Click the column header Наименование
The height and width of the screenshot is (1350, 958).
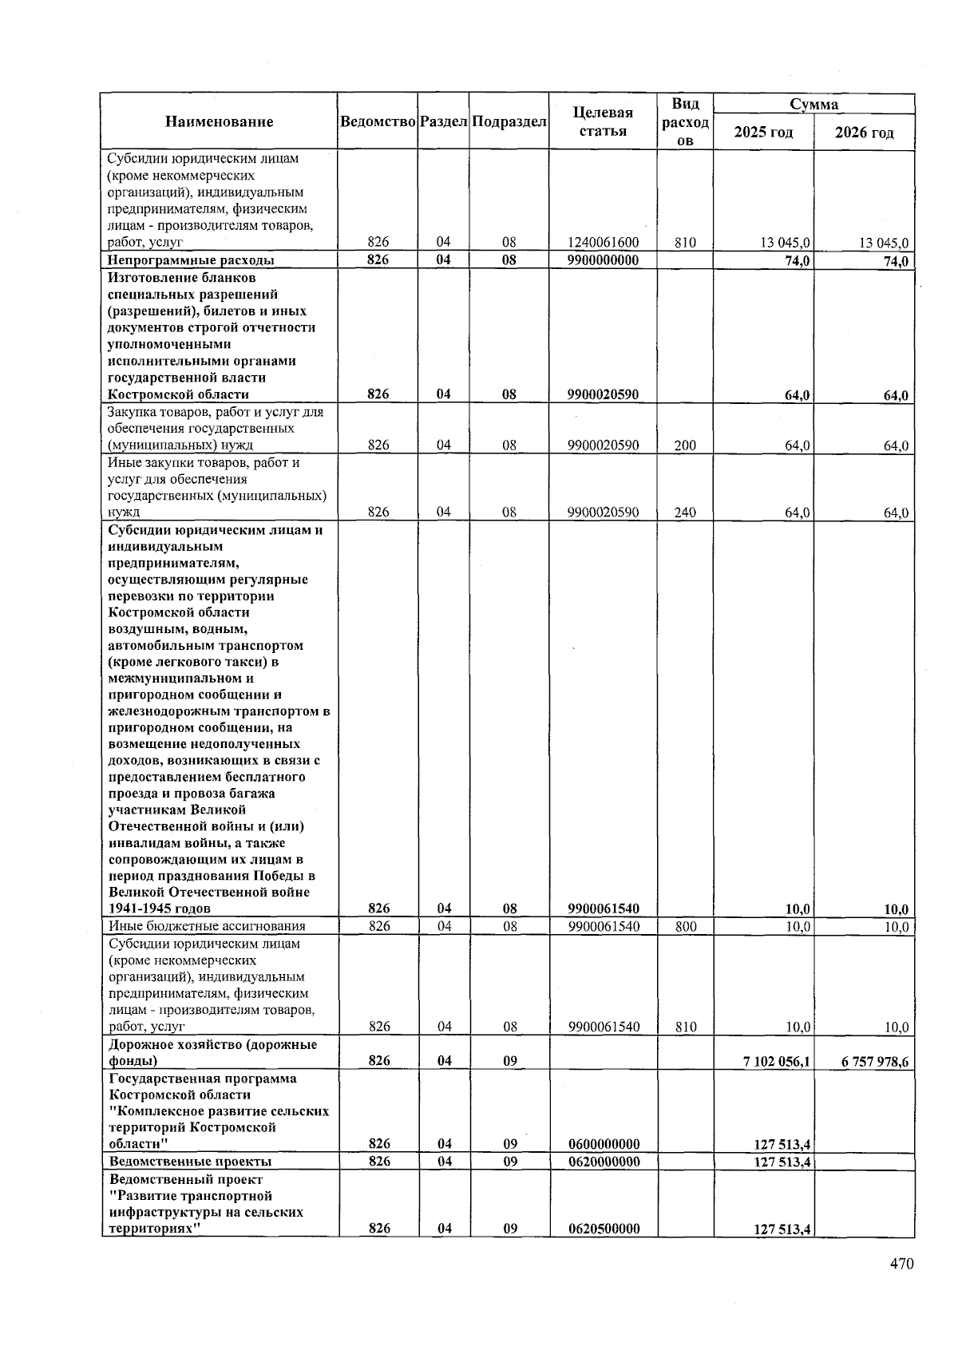pos(219,121)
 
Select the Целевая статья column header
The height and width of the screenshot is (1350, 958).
pos(603,121)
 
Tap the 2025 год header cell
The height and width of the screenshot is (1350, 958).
pos(763,132)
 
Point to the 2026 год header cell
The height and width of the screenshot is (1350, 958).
pos(864,132)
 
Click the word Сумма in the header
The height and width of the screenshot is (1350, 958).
pos(814,104)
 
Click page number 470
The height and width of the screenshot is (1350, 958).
pos(902,1264)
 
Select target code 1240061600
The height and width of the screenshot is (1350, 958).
pos(603,243)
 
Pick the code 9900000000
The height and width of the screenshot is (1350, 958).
pos(603,260)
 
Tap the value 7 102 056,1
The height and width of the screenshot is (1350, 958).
pos(777,1061)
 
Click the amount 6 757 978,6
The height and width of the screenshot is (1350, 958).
pos(875,1061)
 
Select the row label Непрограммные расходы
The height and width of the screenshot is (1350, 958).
pos(191,260)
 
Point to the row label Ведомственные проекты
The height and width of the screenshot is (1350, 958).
pos(190,1162)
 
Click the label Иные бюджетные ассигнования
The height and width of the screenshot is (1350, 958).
pos(208,926)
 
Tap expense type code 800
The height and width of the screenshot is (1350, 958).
pos(685,927)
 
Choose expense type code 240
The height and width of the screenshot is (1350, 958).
pos(685,513)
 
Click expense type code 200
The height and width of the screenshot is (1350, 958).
pos(685,445)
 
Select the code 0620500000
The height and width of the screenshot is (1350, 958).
pos(604,1229)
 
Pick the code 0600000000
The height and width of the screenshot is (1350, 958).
pos(604,1144)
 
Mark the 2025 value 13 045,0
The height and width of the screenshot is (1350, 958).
pos(786,243)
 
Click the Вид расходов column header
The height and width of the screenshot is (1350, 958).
pos(685,121)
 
